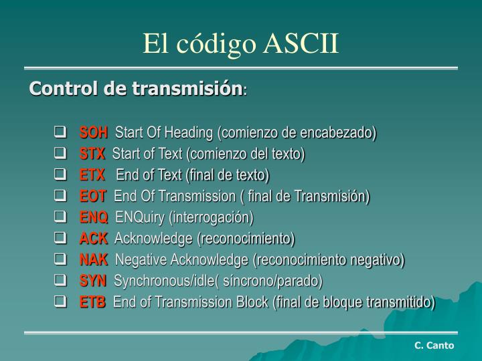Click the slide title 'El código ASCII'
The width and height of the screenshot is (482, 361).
(241, 43)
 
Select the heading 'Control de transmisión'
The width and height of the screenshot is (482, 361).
(135, 88)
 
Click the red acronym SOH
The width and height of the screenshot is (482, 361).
(94, 132)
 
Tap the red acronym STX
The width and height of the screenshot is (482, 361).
(92, 154)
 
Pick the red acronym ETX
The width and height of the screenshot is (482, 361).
(92, 175)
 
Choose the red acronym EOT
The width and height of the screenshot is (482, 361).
(93, 197)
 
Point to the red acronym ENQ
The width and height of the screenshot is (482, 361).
(94, 217)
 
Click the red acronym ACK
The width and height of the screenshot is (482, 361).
(93, 238)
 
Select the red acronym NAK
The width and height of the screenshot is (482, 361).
(93, 259)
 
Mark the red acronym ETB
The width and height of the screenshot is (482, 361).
(92, 302)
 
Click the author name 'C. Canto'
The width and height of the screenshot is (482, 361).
(434, 345)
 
